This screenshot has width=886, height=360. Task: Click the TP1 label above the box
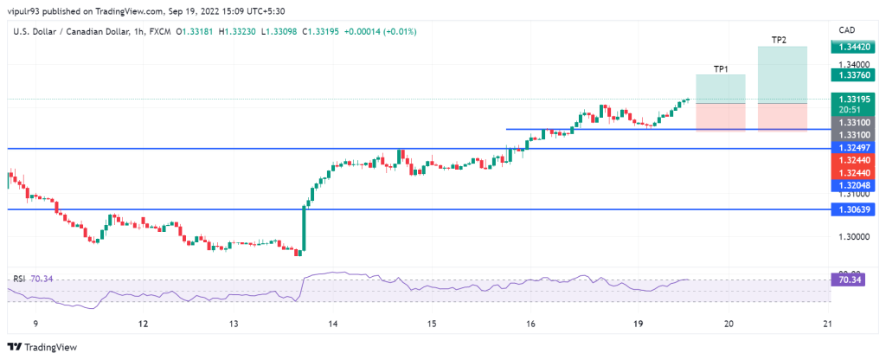720,68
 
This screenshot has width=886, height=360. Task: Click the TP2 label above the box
779,40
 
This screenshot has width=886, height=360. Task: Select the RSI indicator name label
19,279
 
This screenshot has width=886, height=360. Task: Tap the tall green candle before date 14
305,228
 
